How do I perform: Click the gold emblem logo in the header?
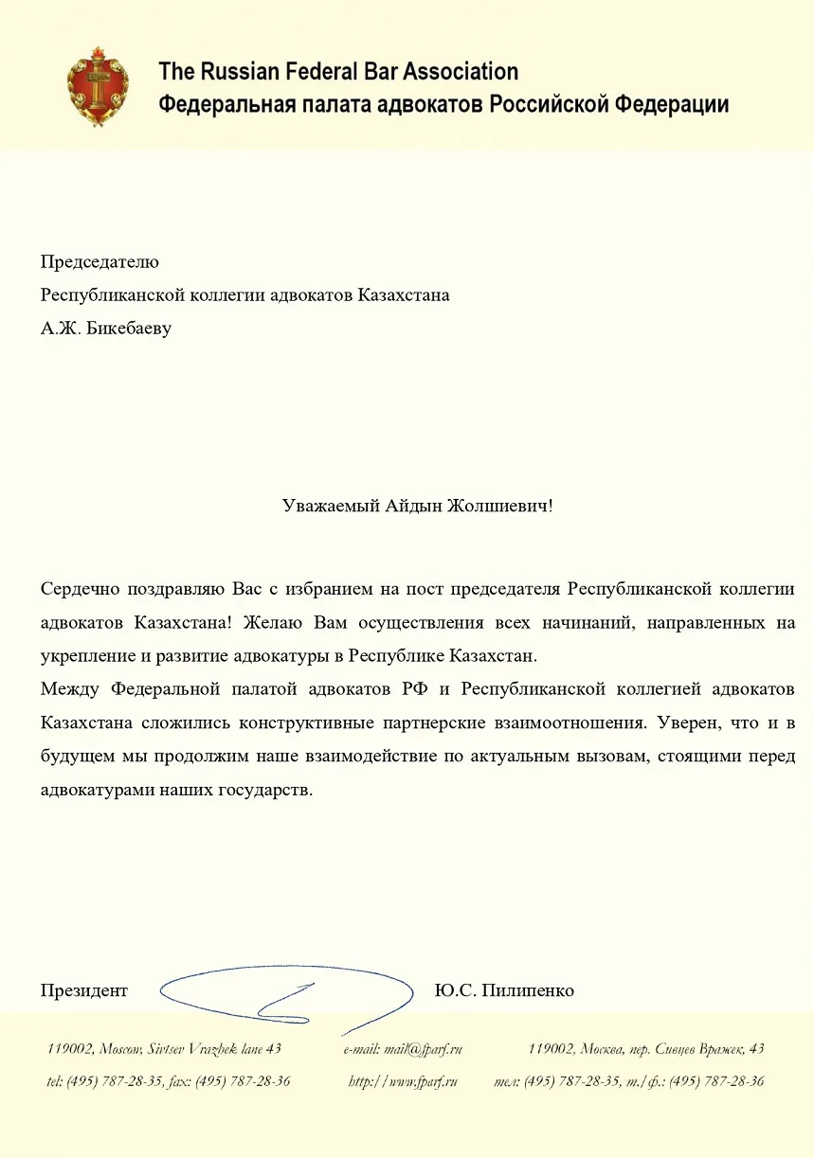pos(97,86)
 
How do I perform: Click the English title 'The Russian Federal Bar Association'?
pos(338,71)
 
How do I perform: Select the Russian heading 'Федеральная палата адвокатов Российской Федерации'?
pos(443,103)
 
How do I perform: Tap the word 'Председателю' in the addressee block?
pos(99,261)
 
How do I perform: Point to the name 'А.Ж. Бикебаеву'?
pos(106,330)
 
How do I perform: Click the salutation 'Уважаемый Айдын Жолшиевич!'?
pos(417,506)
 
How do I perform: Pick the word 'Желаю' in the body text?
pos(270,623)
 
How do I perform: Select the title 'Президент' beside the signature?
pos(83,990)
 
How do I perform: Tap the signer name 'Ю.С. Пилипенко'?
pos(504,990)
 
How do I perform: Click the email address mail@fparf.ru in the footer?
pos(403,1048)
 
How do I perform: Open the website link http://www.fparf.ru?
pos(403,1080)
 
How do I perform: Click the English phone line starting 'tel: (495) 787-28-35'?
pos(168,1080)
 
